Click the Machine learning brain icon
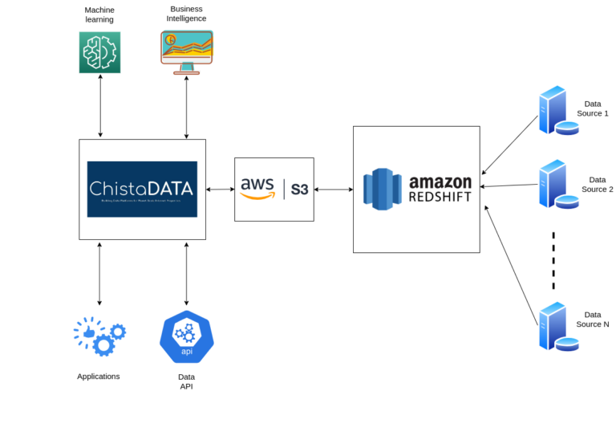click(x=99, y=52)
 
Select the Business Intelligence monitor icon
click(x=186, y=52)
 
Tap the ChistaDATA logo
click(x=142, y=189)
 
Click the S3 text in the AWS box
click(x=299, y=189)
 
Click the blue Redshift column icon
click(x=381, y=189)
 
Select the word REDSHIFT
click(x=440, y=197)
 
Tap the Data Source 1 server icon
click(x=557, y=112)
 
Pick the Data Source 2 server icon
click(x=557, y=184)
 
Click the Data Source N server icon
click(x=557, y=326)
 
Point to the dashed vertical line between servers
click(x=553, y=260)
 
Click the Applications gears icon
click(x=99, y=336)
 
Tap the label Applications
click(x=99, y=376)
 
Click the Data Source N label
click(x=593, y=320)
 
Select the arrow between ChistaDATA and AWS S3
click(x=220, y=189)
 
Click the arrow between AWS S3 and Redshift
click(x=333, y=189)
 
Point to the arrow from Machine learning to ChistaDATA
click(x=100, y=106)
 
